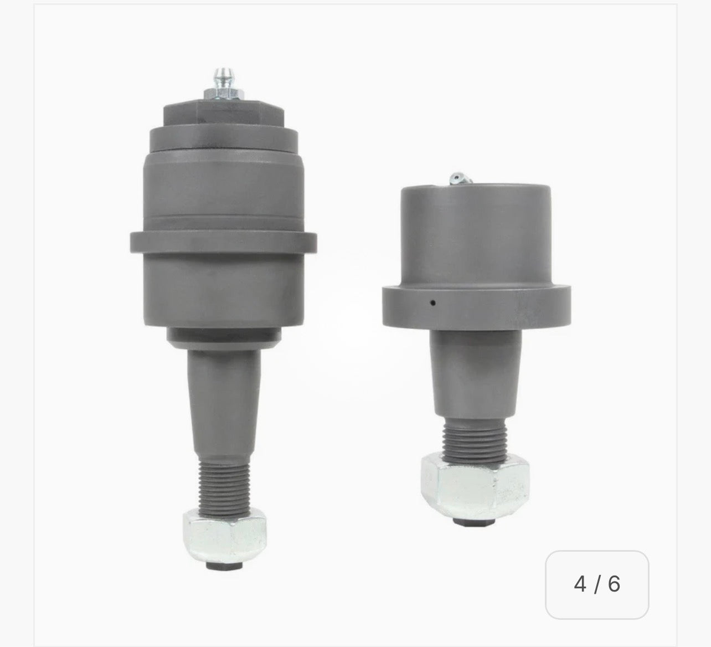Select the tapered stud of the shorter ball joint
pyautogui.click(x=475, y=377)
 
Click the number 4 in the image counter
pyautogui.click(x=580, y=584)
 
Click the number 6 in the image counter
pyautogui.click(x=614, y=584)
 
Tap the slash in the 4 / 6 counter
pyautogui.click(x=597, y=584)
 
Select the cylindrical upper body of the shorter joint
pyautogui.click(x=478, y=233)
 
